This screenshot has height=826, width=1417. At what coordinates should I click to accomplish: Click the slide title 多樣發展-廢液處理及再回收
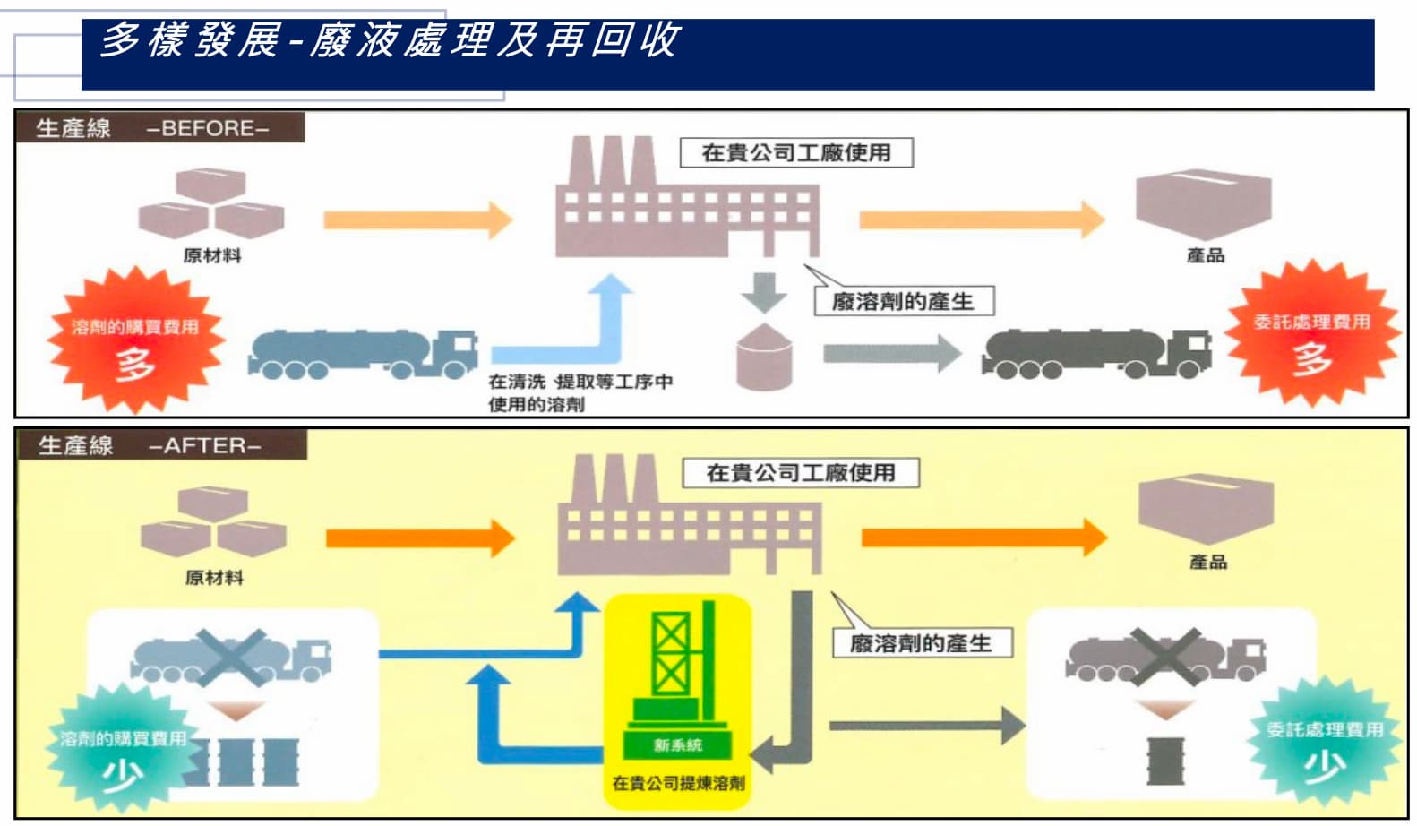[390, 40]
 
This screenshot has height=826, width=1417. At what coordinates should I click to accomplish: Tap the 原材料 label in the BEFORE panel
[212, 256]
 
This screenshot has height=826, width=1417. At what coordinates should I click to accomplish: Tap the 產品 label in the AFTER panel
[1207, 563]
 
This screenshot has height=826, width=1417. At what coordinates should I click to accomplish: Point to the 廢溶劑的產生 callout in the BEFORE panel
[903, 301]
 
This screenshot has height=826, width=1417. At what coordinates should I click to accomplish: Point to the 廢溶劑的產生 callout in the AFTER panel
[921, 643]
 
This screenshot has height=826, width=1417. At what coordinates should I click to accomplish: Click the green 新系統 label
[677, 744]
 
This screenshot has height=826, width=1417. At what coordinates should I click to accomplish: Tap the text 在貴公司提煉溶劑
[678, 783]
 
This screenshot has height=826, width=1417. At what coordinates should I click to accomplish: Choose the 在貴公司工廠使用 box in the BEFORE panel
[795, 153]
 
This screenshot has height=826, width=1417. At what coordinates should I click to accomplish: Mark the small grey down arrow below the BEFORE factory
[764, 292]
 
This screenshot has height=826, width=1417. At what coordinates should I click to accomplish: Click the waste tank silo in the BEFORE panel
[764, 358]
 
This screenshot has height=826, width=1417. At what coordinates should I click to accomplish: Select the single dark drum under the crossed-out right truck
[1165, 761]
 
